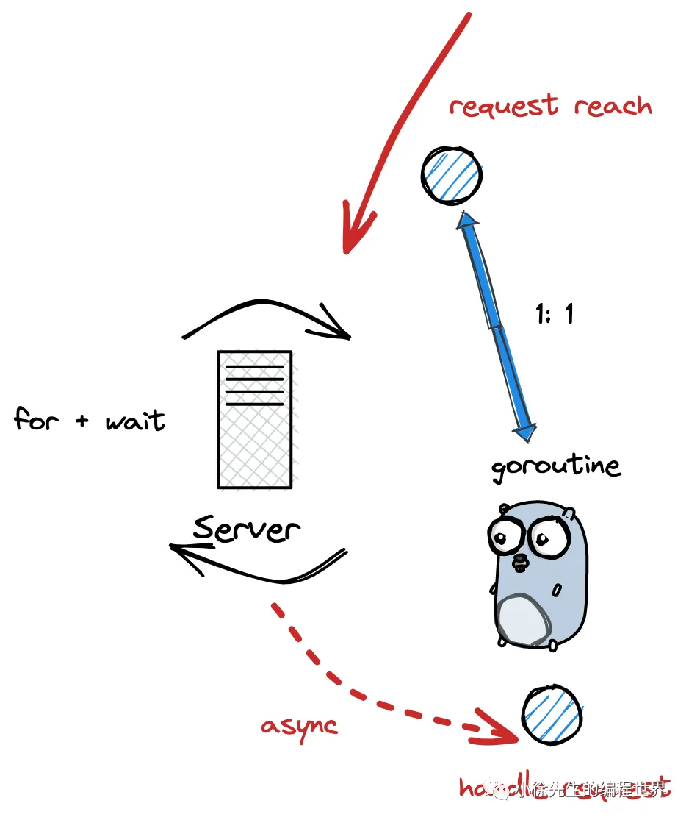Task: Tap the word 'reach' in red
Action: click(x=613, y=106)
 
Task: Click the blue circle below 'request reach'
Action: click(x=452, y=175)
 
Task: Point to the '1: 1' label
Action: click(x=555, y=314)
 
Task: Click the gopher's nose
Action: click(x=520, y=560)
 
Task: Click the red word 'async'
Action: click(x=299, y=726)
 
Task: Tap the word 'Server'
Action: click(x=247, y=527)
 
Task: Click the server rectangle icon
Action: click(x=254, y=419)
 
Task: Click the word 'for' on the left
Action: click(x=36, y=420)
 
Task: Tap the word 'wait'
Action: click(x=134, y=421)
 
